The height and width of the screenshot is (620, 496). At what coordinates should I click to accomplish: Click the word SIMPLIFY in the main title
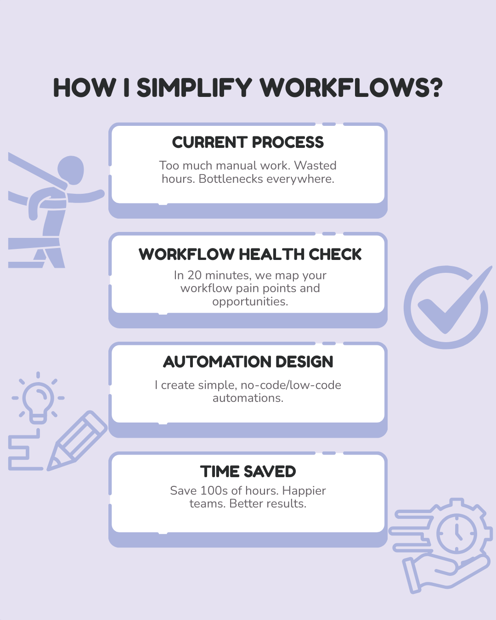tap(194, 88)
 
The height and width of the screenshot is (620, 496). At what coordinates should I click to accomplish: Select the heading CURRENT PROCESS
tap(248, 142)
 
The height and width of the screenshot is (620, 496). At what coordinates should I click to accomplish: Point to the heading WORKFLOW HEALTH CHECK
tap(250, 254)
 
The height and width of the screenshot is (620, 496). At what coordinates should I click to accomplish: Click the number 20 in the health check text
tap(194, 275)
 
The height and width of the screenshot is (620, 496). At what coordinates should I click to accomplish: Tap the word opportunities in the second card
tap(250, 302)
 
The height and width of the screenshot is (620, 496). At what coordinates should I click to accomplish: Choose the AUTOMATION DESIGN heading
tap(248, 362)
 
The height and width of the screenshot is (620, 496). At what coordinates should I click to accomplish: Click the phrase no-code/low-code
tap(291, 385)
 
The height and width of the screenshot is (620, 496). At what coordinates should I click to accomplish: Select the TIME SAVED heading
tap(248, 472)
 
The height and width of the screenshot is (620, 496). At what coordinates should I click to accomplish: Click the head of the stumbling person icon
tap(71, 169)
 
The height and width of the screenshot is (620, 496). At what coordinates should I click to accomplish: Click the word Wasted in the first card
tap(315, 165)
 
